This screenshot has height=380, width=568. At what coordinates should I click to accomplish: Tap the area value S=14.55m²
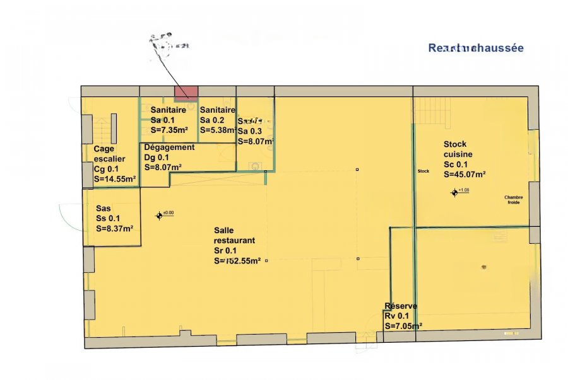[x=115, y=180]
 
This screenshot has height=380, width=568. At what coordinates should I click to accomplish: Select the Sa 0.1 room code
[x=163, y=120]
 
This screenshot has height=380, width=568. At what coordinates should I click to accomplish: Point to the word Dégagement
[x=169, y=147]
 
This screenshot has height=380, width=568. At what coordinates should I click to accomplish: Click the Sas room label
[x=104, y=209]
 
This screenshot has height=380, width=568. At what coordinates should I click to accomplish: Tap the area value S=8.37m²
[x=114, y=229]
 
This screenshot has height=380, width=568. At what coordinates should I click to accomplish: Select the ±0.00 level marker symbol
[x=160, y=216]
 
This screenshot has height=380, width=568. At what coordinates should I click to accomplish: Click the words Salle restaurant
[x=234, y=236]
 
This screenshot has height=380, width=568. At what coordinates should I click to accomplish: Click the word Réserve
[x=400, y=307]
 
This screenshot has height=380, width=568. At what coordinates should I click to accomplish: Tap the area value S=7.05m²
[x=403, y=326]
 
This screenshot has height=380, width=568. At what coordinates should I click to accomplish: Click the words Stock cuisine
[x=458, y=149]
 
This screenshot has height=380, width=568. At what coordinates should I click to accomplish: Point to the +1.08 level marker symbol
[x=454, y=192]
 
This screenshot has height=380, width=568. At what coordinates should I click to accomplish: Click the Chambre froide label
[x=514, y=200]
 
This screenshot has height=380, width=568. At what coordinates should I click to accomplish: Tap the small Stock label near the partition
[x=423, y=171]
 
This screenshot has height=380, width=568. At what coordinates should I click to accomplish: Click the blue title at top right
[x=476, y=48]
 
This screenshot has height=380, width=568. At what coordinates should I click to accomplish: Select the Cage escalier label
[x=110, y=154]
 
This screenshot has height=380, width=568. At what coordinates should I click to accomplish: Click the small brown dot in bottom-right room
[x=484, y=266]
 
